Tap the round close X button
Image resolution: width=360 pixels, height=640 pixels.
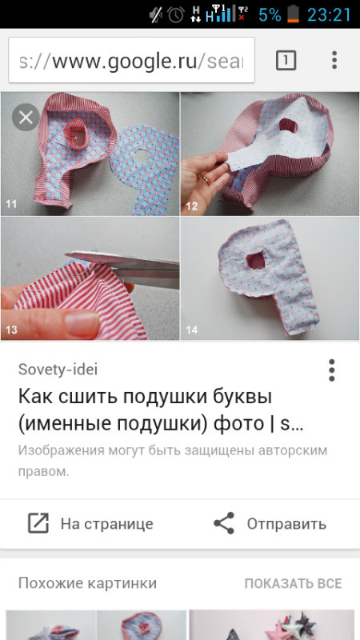[x=26, y=118]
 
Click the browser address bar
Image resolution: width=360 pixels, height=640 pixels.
[x=131, y=60]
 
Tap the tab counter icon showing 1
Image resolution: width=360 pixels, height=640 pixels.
[x=286, y=61]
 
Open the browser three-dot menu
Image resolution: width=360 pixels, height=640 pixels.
[x=334, y=60]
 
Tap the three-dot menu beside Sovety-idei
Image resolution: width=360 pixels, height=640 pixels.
[x=332, y=370]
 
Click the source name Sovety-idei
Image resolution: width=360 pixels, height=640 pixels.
[x=58, y=370]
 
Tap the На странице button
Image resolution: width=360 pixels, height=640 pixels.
[x=90, y=524]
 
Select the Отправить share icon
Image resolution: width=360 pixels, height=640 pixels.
[x=224, y=523]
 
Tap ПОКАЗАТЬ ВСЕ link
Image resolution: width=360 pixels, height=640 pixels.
[x=293, y=583]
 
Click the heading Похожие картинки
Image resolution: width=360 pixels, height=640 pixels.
[x=87, y=583]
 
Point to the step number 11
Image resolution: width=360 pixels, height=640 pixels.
[x=10, y=204]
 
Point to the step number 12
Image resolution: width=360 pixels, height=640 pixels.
[x=192, y=206]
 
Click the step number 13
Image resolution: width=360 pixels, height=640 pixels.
[x=11, y=329]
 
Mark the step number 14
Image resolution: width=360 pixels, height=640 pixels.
[x=192, y=329]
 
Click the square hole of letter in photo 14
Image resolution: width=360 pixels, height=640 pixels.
[x=256, y=260]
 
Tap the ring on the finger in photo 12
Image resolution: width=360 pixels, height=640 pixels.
[x=206, y=178]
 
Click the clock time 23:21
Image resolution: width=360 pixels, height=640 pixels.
[x=329, y=15]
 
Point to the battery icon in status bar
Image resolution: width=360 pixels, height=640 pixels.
[x=293, y=14]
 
